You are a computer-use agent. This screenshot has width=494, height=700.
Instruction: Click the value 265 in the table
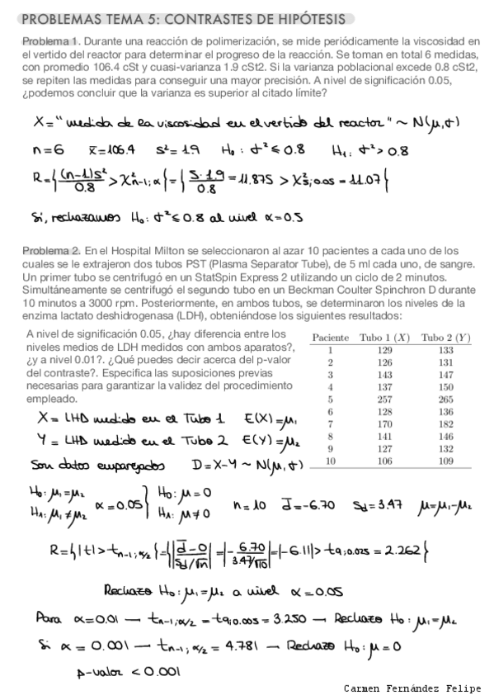point(446,399)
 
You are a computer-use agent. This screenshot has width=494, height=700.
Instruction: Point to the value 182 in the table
point(446,423)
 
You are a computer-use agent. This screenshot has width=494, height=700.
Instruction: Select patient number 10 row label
point(329,461)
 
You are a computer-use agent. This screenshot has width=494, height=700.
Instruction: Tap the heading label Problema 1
point(50,42)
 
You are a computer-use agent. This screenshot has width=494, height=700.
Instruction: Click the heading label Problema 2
point(50,250)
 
